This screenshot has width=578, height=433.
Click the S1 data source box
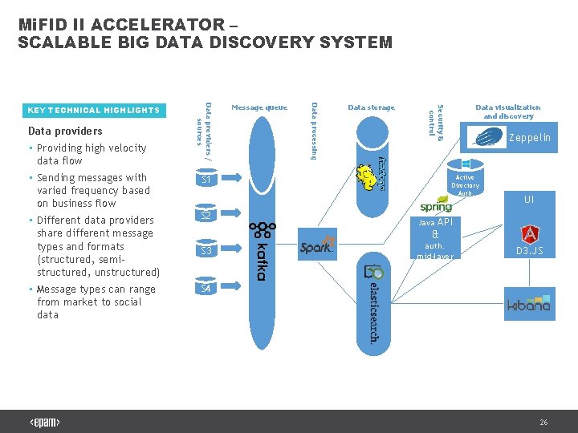206,180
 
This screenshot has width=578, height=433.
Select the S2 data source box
206,216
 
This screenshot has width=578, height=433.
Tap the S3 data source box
206,251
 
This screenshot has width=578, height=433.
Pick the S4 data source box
206,287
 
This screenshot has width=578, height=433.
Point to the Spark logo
316,247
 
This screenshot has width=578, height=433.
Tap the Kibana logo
529,305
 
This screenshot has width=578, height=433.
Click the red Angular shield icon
530,233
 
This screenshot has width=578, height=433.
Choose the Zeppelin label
530,138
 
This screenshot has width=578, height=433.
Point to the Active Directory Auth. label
465,185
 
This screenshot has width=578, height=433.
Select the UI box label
529,200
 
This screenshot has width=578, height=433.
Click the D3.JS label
530,251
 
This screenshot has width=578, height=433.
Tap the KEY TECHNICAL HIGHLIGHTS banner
93,111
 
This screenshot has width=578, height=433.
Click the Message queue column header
258,107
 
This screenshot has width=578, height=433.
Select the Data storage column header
371,107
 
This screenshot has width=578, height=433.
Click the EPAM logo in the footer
45,422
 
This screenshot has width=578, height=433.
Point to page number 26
543,422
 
